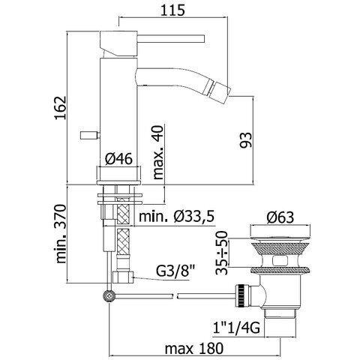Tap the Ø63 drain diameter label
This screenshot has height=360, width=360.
(x=284, y=220)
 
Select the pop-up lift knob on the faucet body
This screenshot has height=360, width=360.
(x=88, y=136)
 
